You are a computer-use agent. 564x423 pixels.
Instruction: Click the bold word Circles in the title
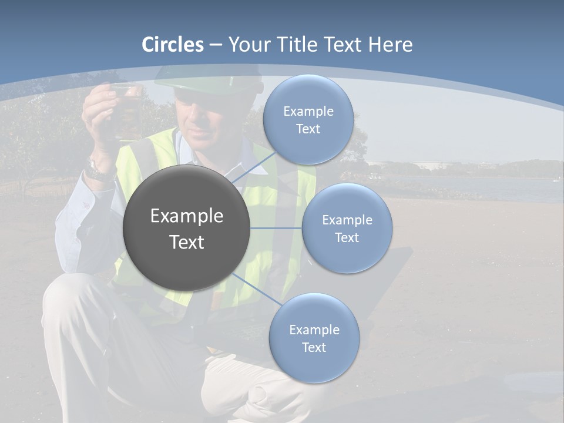click(173, 45)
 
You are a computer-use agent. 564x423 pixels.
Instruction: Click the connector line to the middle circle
click(276, 228)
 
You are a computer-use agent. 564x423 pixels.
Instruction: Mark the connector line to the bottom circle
click(254, 288)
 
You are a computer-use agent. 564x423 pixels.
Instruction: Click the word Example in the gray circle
click(186, 216)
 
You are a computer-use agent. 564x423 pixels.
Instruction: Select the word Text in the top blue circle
click(308, 129)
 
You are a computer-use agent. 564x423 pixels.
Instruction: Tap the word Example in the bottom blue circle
click(314, 330)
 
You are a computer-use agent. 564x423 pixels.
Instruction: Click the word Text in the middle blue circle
click(347, 237)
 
